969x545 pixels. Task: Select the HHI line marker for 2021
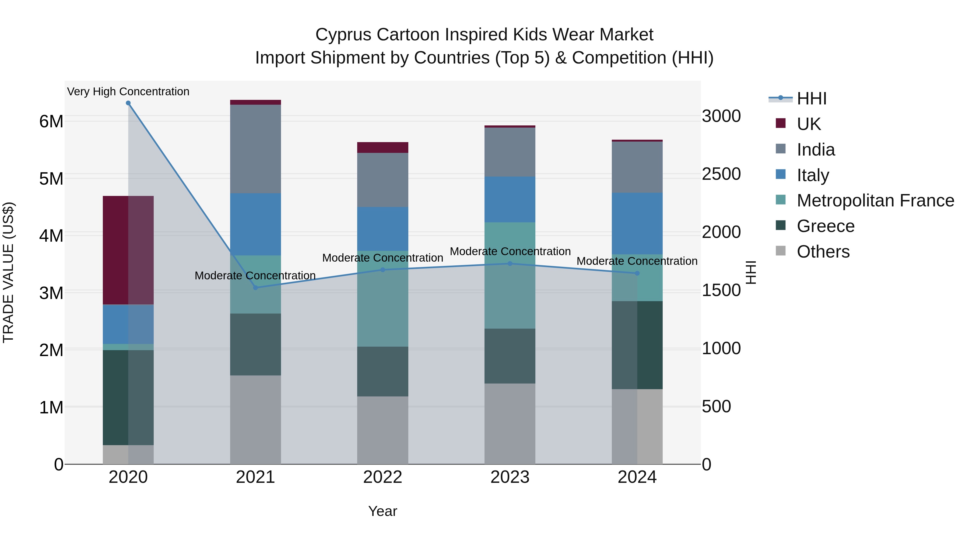(x=255, y=288)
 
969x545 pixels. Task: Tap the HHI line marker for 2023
(x=510, y=264)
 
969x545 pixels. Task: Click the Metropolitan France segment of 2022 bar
(x=382, y=299)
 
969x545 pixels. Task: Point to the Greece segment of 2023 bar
(x=510, y=356)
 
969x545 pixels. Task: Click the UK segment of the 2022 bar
(x=382, y=147)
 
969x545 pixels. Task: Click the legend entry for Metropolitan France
(x=875, y=201)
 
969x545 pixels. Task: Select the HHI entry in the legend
(x=811, y=99)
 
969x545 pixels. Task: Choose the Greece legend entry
(x=825, y=226)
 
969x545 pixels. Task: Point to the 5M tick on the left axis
(x=51, y=179)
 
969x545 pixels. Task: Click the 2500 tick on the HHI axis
(x=721, y=174)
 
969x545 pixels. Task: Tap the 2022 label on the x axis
(x=382, y=477)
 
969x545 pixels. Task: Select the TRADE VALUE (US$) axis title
(x=8, y=272)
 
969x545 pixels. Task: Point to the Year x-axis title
(x=382, y=511)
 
